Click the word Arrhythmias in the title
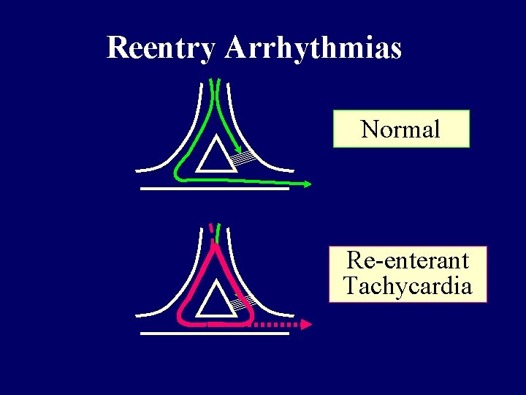313,48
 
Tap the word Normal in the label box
400,129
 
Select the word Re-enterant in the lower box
408,260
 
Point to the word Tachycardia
408,285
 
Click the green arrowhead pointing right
307,184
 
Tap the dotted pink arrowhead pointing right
308,323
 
